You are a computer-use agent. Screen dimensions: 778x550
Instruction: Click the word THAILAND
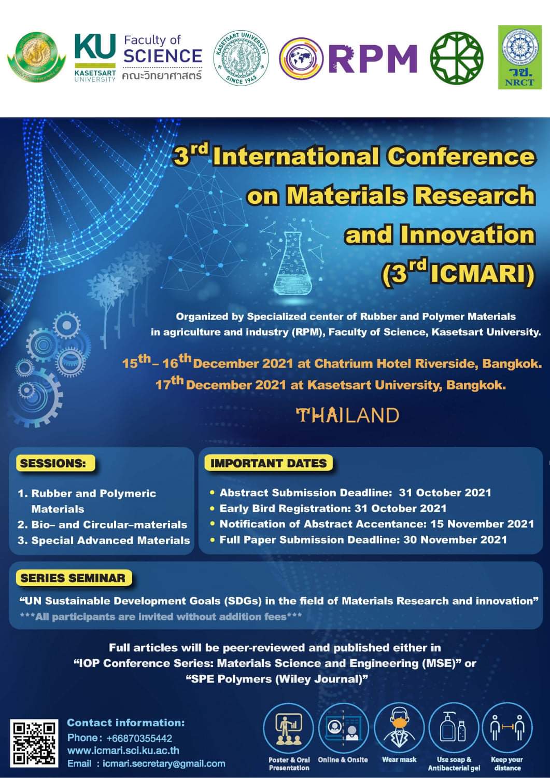(347, 415)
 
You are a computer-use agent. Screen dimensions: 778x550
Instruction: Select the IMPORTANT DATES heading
(269, 463)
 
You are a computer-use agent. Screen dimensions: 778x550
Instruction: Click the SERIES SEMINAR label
(73, 578)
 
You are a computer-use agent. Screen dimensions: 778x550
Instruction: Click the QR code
(35, 743)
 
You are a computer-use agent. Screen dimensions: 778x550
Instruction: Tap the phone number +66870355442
(139, 738)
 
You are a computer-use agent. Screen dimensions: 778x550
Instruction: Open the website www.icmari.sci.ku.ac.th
(123, 751)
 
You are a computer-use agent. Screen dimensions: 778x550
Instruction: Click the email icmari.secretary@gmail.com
(164, 763)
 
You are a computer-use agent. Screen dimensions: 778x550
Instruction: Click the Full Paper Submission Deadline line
(363, 540)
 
